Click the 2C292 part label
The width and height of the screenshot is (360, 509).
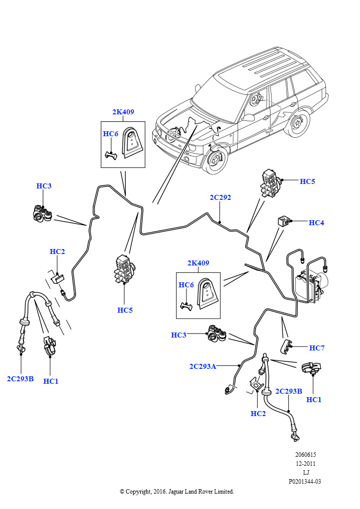(220, 197)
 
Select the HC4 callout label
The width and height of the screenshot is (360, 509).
(316, 223)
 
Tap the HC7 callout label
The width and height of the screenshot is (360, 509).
(317, 348)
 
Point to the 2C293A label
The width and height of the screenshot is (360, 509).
(202, 366)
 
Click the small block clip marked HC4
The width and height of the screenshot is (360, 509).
(283, 221)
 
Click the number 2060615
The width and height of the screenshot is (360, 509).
(305, 455)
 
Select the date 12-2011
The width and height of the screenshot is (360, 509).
(305, 464)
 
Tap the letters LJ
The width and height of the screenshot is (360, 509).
(305, 472)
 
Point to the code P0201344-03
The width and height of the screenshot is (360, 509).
(305, 481)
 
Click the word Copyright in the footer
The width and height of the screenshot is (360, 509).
(138, 492)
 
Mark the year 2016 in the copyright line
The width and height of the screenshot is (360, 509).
(159, 492)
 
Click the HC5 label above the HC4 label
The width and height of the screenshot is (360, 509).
(307, 181)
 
